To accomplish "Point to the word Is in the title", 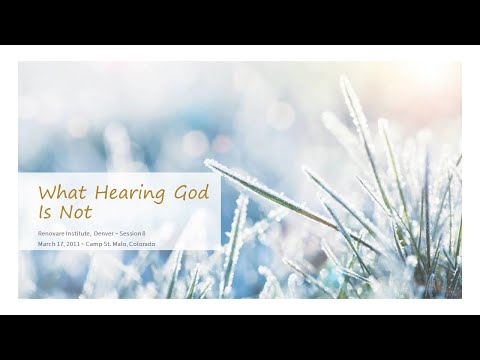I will (x=45, y=212).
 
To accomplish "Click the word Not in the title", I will (x=74, y=212).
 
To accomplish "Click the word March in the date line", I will (x=46, y=243).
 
